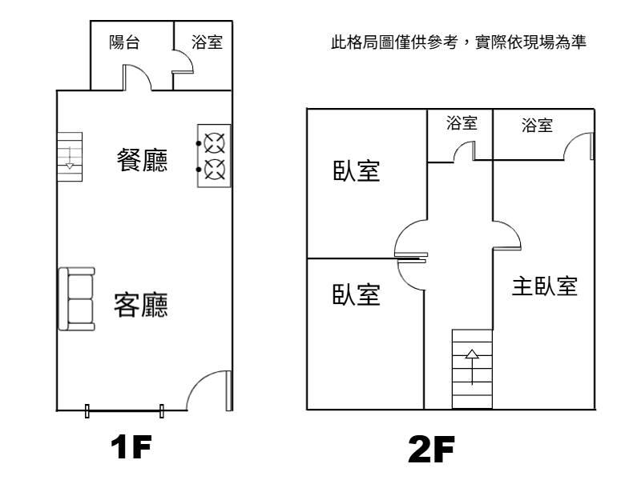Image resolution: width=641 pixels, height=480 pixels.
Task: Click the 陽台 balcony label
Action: tap(124, 42)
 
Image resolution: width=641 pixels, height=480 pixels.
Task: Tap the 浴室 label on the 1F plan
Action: tap(207, 42)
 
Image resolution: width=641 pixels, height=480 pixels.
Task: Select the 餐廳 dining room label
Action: tap(142, 159)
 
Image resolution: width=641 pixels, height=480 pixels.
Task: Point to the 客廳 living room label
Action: tap(141, 305)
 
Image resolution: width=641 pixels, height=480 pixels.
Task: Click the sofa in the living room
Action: tap(77, 298)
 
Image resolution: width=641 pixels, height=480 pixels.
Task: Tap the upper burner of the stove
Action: tap(214, 143)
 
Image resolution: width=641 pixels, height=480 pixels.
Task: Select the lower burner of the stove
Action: tap(214, 170)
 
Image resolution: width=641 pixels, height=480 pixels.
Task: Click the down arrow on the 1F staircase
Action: tap(70, 157)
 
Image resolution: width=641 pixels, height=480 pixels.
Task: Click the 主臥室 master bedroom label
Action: tap(545, 286)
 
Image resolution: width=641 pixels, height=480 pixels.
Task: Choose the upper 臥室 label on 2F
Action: tap(357, 170)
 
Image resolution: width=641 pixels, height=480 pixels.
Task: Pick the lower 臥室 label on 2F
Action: tap(356, 294)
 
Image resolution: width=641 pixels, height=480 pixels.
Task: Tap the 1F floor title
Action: tap(131, 447)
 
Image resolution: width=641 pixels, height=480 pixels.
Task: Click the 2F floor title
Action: tap(432, 450)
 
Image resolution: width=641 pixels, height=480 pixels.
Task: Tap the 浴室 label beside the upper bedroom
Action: tap(462, 123)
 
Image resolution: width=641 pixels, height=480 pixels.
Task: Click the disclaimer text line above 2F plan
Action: tap(458, 42)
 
